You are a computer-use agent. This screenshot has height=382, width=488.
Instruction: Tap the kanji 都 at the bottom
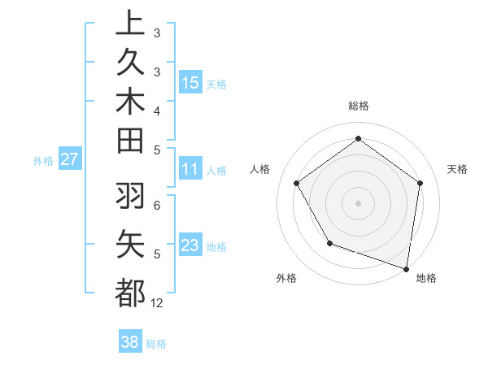(130, 292)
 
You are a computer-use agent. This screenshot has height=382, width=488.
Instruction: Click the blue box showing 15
(190, 83)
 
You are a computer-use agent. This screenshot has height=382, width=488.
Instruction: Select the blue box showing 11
(190, 170)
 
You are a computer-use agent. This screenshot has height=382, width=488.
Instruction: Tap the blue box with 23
(190, 245)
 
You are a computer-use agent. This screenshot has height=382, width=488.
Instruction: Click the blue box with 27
(70, 159)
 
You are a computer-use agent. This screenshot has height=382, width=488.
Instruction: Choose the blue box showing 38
(130, 342)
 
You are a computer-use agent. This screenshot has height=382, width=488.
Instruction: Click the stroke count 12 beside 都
(157, 303)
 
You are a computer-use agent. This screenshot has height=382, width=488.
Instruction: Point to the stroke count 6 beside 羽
(156, 205)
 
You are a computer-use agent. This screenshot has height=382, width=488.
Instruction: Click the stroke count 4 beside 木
(156, 110)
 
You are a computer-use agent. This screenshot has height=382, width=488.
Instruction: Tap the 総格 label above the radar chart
(358, 106)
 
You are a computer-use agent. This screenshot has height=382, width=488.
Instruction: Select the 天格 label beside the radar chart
(457, 169)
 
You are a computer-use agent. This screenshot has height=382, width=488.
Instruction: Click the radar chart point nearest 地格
(407, 268)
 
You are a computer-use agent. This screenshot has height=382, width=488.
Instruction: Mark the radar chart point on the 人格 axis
(297, 183)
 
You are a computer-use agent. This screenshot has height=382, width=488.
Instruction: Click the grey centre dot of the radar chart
(358, 202)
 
